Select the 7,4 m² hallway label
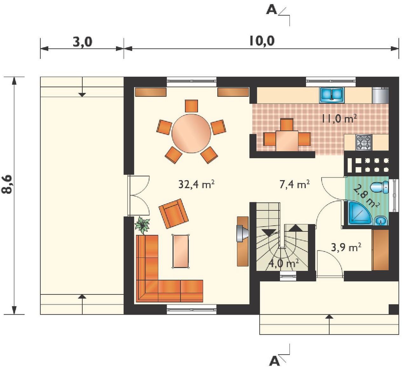click(x=294, y=184)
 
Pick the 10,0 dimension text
click(x=262, y=41)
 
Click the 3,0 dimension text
click(x=82, y=42)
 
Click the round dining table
click(x=191, y=133)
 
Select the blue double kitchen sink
click(x=332, y=95)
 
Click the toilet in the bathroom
click(x=379, y=187)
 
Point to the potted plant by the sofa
click(x=142, y=225)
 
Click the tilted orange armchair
click(x=174, y=214)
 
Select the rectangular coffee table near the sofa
click(x=181, y=251)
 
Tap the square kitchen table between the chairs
click(x=287, y=141)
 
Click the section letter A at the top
click(x=271, y=11)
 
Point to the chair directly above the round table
click(x=191, y=106)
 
